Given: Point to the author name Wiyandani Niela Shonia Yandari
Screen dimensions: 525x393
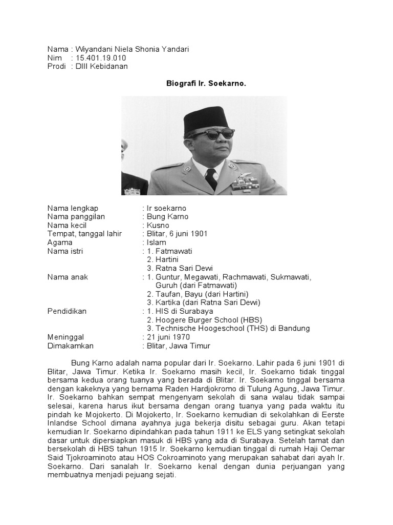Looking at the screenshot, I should coord(133,49).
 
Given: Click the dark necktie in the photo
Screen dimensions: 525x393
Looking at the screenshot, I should coord(211,179).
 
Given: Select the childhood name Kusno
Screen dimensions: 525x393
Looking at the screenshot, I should coord(158,225).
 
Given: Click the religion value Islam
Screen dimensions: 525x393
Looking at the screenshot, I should coord(156,242).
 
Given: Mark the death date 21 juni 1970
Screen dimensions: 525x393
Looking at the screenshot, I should coord(168,337).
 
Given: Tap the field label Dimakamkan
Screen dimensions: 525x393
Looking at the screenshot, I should coord(70,346).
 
